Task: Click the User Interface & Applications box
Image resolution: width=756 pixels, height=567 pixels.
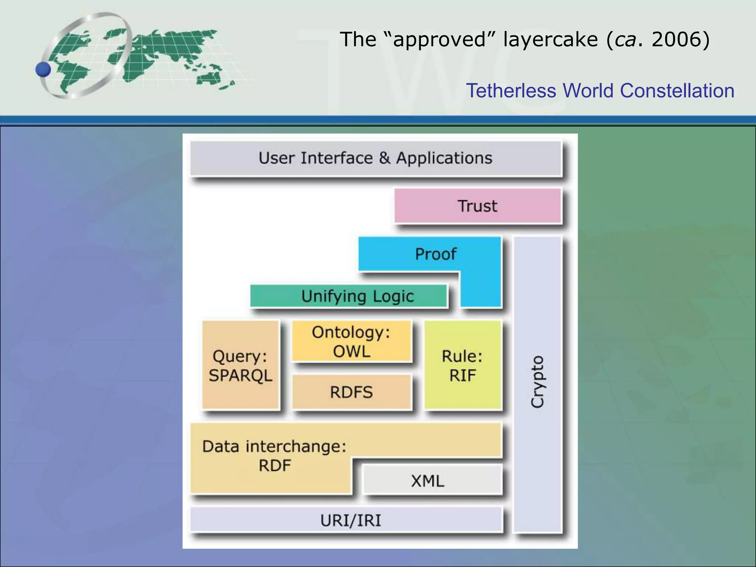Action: (375, 158)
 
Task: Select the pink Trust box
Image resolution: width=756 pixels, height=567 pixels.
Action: (477, 206)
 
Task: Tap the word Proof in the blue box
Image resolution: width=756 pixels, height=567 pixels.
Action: (436, 254)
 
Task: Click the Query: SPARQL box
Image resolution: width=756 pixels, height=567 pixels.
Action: (240, 365)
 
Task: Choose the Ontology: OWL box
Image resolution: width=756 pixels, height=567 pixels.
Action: (351, 341)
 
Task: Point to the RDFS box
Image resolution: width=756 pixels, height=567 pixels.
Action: (351, 392)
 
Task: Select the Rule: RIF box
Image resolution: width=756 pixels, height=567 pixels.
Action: (463, 365)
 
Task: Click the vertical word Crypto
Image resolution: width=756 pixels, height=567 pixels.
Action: (537, 382)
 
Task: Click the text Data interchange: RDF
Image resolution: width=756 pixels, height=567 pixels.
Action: (274, 456)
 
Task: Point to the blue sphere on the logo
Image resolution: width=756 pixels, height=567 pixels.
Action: (44, 69)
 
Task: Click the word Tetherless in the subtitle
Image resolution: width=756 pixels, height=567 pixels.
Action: (511, 91)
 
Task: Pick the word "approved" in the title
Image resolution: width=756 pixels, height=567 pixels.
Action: (439, 39)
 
